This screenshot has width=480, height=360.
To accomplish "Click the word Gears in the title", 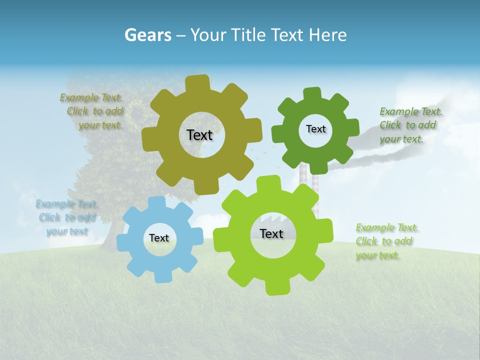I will click(x=148, y=35).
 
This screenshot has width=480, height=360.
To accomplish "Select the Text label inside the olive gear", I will click(x=199, y=135).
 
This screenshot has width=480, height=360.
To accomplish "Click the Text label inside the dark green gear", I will click(x=315, y=129).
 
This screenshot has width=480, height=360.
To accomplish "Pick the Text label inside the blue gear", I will click(x=159, y=238).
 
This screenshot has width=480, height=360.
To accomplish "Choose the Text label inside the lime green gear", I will click(x=271, y=233).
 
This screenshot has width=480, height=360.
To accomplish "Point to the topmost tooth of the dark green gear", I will click(x=312, y=94).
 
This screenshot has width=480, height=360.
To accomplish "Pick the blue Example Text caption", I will click(x=67, y=217).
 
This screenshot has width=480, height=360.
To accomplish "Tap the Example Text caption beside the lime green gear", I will click(x=386, y=241).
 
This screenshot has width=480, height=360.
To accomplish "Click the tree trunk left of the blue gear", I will click(x=110, y=235).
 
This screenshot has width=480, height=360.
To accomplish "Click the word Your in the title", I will click(x=207, y=35).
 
